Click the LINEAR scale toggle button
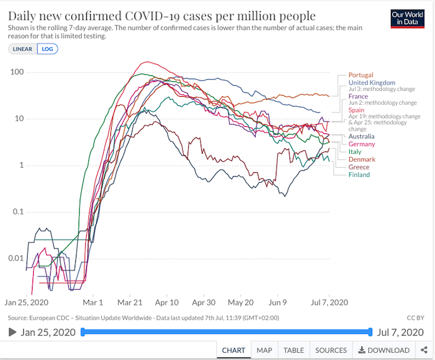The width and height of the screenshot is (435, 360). point(23,49)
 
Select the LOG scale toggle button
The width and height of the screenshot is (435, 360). point(47,49)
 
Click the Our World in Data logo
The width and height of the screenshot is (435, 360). point(408,18)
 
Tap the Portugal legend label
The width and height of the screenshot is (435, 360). point(361,75)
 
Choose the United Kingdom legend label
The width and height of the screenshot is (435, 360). point(371,83)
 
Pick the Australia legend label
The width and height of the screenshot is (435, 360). point(361,136)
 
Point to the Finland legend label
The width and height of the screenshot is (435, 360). point(359,175)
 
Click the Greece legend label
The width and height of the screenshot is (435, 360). point(359,167)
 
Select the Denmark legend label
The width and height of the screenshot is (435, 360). point(362,159)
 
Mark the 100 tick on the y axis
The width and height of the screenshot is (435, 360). point(16,71)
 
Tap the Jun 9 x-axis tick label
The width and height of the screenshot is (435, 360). point(277,303)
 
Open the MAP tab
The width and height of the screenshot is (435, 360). point(264,350)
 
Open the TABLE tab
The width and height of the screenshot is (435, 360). point(294,350)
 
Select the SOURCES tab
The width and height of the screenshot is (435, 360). point(330,350)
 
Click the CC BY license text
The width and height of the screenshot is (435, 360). point(414,318)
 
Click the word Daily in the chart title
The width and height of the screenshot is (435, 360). point(24,16)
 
